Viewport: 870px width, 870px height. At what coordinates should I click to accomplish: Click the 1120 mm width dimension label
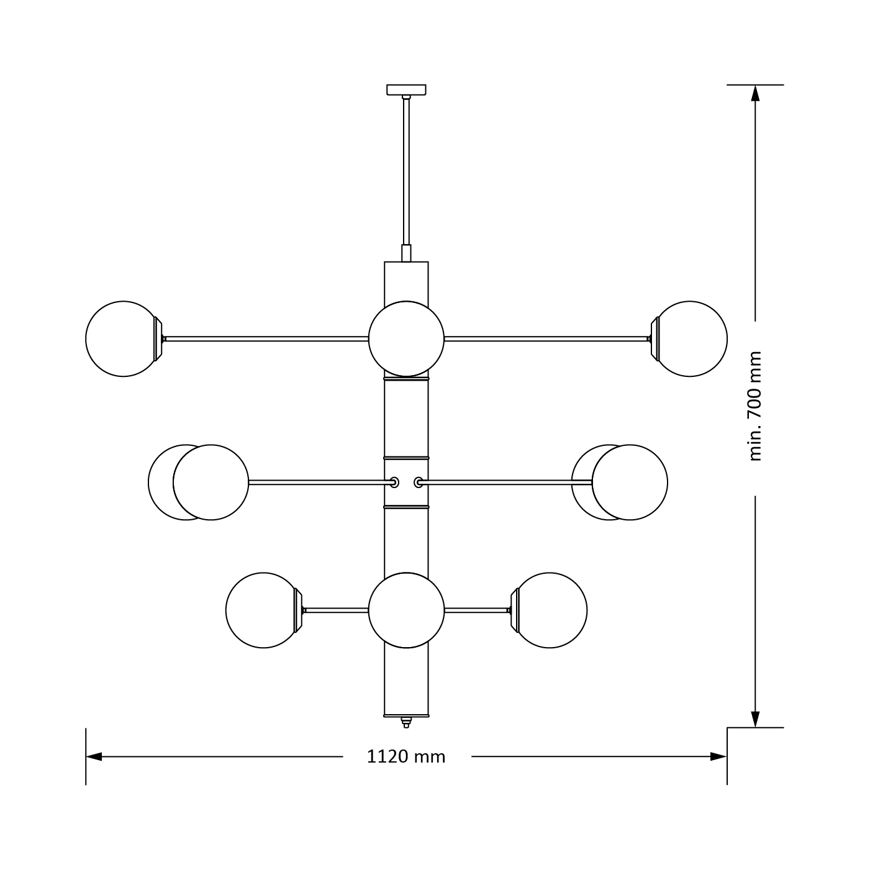[406, 756]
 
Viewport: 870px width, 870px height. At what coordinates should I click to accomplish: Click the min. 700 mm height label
[754, 407]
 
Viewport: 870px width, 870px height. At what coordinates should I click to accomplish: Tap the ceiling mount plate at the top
[406, 89]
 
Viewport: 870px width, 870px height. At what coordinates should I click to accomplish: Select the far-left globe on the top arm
[121, 339]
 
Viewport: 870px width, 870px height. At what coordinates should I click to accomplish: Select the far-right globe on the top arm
[692, 339]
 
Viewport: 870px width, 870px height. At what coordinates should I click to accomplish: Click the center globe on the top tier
[406, 339]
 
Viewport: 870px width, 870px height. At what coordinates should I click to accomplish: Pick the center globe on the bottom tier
[406, 610]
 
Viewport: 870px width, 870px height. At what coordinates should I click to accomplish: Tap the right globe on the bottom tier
[551, 610]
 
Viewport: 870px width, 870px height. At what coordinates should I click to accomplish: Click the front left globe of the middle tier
[211, 482]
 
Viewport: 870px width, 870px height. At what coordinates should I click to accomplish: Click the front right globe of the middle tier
[630, 482]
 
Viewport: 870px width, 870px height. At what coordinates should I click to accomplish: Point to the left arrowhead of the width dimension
[94, 756]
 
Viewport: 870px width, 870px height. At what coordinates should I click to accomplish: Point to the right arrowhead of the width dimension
[718, 756]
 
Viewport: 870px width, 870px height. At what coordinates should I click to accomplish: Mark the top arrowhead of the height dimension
[755, 93]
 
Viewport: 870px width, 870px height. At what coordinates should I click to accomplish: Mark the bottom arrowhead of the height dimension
[755, 719]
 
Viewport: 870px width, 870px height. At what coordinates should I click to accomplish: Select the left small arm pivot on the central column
[394, 482]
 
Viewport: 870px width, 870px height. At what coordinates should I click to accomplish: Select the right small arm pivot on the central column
[419, 482]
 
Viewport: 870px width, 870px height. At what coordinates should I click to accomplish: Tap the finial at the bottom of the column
[406, 722]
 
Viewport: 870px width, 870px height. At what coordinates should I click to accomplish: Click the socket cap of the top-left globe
[158, 339]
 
